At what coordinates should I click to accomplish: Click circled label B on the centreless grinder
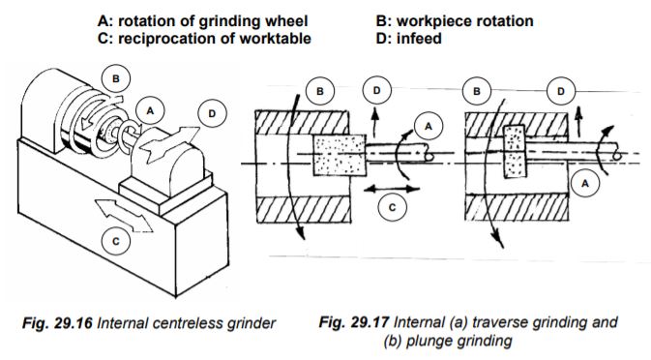pos(116,78)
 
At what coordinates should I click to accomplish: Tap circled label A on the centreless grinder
pos(150,111)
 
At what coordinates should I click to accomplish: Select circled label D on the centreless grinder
pos(212,113)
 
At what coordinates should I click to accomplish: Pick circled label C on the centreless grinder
pos(116,241)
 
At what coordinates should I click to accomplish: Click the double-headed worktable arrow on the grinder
pos(124,216)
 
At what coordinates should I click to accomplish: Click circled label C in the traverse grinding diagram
pos(393,207)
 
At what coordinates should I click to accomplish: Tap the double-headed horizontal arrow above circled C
pos(392,189)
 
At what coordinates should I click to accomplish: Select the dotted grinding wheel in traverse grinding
pos(339,155)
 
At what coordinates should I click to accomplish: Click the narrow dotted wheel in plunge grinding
pos(514,152)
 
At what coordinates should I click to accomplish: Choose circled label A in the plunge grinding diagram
pos(585,183)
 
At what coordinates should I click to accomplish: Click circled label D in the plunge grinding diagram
pos(561,91)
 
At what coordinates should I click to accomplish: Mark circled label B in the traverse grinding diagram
pos(319,91)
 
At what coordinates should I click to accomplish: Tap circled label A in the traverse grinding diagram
pos(429,126)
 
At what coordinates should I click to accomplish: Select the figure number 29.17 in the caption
pos(370,322)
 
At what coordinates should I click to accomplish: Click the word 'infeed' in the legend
pos(419,39)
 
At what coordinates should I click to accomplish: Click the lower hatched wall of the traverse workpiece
pos(304,209)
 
